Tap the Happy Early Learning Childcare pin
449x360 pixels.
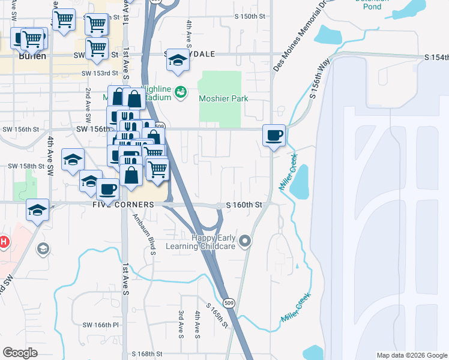point(244,242)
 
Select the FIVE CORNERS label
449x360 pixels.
point(123,205)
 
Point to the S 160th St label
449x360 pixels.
point(244,205)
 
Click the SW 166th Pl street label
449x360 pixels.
point(98,325)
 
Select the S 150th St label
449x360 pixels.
point(249,16)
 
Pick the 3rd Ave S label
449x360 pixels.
point(181,321)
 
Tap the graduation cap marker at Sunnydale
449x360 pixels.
point(177,60)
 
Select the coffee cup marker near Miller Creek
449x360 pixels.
point(274,136)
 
